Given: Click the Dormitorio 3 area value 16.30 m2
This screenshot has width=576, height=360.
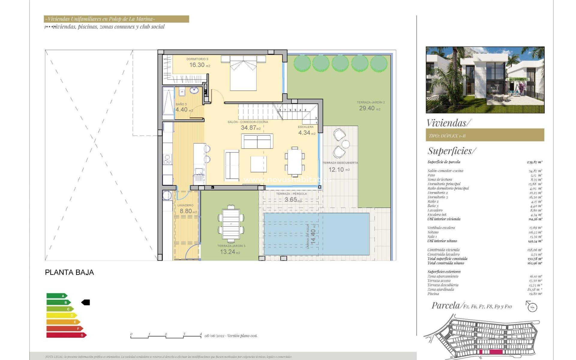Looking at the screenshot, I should coord(199,65).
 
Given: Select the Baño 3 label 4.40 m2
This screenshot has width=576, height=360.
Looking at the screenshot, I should coord(184,109).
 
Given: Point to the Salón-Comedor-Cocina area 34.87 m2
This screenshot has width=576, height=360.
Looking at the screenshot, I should coord(250,127).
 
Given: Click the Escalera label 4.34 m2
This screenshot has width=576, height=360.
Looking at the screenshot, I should coord(306,132).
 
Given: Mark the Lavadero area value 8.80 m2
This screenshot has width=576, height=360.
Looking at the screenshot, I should coord(188,211).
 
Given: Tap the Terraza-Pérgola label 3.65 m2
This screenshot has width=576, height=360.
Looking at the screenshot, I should coord(292,199).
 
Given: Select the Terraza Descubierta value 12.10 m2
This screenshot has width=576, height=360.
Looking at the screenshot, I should coord(338,169).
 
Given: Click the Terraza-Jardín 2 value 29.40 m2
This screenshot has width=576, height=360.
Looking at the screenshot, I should coord(369,108).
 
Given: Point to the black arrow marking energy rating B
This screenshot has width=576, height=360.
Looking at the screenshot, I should coord(86,302).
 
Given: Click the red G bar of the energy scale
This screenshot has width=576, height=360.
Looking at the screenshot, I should coord(66,335).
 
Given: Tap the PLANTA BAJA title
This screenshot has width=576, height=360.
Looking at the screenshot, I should coord(69,272).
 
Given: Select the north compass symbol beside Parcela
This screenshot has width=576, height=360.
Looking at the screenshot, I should coord(532,307).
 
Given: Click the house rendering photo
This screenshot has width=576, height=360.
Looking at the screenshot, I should coord(485,80).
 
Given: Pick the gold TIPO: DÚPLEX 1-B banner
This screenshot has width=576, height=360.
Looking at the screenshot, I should coord(485,135).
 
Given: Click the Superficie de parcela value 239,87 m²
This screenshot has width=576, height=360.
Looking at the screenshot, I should coord(534,162).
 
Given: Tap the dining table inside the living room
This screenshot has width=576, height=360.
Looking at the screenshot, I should coord(294,162).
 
